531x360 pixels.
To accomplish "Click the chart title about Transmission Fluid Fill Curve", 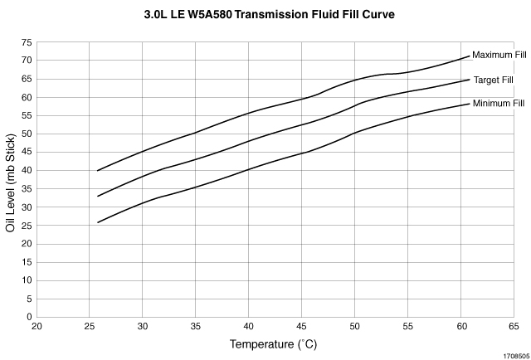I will point(268,14).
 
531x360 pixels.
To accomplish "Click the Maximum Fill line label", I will point(499,55).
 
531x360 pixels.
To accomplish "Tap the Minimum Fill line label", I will point(499,103).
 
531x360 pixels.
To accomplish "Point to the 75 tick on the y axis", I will point(27,41).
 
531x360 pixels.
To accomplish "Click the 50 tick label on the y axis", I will point(27,134).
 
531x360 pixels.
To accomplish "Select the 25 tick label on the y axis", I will point(27,225).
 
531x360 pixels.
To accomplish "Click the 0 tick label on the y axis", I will point(30,316).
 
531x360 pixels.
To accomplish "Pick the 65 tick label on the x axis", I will point(514,327).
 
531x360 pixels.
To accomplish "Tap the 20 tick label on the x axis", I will point(37,327).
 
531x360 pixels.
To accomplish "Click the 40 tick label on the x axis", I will point(249,327).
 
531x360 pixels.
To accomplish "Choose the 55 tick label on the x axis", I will point(407,327).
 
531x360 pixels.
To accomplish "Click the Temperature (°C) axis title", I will point(275,343).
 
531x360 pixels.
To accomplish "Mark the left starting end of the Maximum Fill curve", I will point(98,171).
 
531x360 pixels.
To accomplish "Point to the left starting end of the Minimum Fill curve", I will point(98,222).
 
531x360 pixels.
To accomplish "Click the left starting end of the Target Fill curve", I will point(98,197).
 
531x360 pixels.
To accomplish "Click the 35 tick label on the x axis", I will point(196,327).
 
